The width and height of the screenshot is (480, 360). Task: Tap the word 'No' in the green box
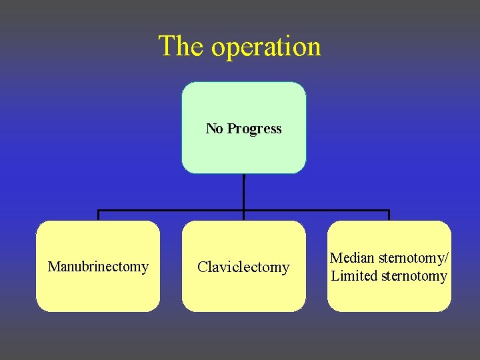pyautogui.click(x=214, y=129)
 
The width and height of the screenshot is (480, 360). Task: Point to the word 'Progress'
pyautogui.click(x=254, y=129)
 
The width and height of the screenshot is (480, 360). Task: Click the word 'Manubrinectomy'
pyautogui.click(x=98, y=267)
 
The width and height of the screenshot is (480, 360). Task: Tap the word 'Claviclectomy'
pyautogui.click(x=243, y=267)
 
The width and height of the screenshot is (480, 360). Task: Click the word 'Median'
pyautogui.click(x=353, y=258)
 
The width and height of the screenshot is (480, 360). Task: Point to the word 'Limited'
pyautogui.click(x=354, y=276)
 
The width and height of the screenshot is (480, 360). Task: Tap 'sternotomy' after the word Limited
pyautogui.click(x=414, y=276)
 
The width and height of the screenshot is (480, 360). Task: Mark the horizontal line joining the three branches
pyautogui.click(x=173, y=211)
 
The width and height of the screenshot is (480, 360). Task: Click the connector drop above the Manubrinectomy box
pyautogui.click(x=99, y=216)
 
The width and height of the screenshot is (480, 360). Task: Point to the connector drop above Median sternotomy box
pyautogui.click(x=389, y=216)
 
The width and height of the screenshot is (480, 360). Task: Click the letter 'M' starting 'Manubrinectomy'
pyautogui.click(x=53, y=267)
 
